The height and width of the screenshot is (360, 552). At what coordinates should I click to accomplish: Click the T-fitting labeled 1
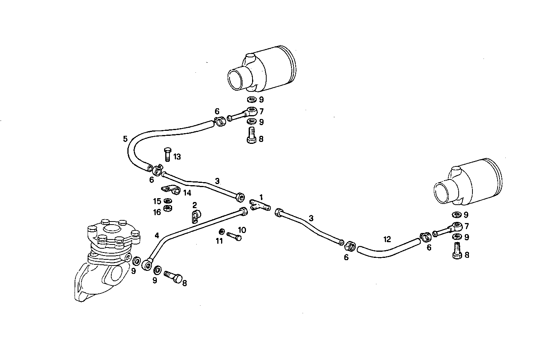[x=260, y=204]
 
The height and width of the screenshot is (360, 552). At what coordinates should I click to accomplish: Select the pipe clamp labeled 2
[x=195, y=217]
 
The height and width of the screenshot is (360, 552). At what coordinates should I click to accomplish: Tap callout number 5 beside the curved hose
[x=125, y=139]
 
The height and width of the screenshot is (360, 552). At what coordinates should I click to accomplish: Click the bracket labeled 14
[x=170, y=189]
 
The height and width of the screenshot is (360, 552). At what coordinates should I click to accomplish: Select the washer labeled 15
[x=167, y=201]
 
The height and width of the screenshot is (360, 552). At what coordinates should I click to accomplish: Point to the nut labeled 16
[x=167, y=209]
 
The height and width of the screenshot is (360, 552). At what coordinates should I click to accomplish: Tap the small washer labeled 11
[x=222, y=232]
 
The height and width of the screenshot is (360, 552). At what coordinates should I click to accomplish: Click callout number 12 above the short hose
[x=387, y=239]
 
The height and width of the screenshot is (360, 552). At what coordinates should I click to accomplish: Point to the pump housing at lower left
[x=105, y=260]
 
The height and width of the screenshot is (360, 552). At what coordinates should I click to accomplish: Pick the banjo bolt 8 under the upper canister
[x=251, y=136]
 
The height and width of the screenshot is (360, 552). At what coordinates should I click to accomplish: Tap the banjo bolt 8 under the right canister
[x=457, y=251]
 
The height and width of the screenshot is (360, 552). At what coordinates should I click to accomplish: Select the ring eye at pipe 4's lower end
[x=148, y=265]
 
